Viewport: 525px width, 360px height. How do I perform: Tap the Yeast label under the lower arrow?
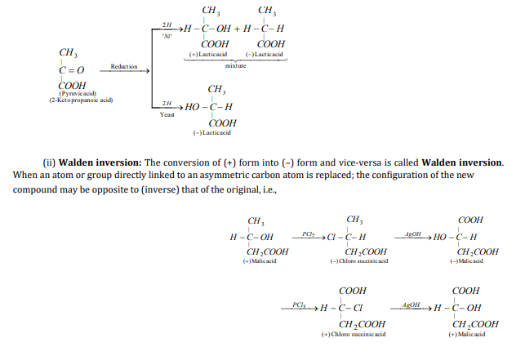[x=167, y=115]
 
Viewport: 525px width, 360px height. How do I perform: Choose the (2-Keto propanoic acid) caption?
[x=80, y=100]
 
